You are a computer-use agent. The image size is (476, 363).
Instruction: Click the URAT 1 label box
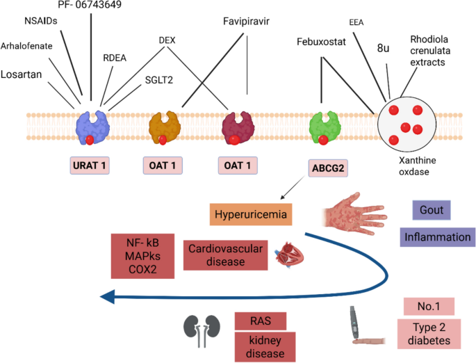(93, 166)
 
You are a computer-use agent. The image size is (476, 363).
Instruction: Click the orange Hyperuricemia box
(250, 213)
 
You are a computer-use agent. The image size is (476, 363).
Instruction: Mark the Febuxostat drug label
(321, 42)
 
